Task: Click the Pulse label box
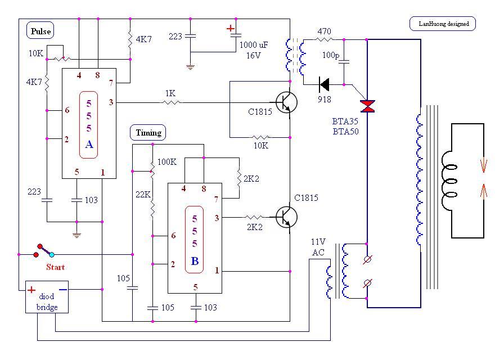tap(40, 31)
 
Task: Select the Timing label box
tap(148, 133)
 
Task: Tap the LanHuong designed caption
tap(443, 24)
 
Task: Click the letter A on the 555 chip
tap(89, 145)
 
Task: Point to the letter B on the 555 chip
tap(195, 261)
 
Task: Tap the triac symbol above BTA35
tap(368, 106)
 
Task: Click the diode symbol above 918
tap(324, 85)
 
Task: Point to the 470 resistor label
tap(324, 31)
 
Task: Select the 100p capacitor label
tap(331, 56)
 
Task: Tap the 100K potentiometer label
tap(166, 162)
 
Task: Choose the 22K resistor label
tap(143, 195)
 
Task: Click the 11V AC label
tap(318, 246)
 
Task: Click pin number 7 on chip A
tap(111, 83)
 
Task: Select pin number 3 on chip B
tap(217, 218)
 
